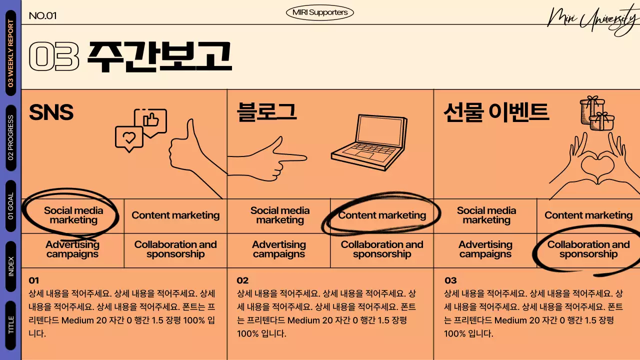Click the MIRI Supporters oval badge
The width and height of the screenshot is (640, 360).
(x=320, y=12)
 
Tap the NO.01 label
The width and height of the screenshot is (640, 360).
(x=42, y=15)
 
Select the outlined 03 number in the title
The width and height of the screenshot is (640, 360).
(x=54, y=56)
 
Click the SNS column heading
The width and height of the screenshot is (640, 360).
(x=51, y=113)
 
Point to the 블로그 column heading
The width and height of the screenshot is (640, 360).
(x=267, y=112)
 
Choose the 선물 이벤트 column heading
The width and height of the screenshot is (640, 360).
(x=496, y=112)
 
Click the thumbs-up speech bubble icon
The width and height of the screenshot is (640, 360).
(x=151, y=120)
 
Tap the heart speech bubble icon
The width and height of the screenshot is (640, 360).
(x=129, y=138)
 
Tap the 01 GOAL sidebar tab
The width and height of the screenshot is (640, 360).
(x=10, y=206)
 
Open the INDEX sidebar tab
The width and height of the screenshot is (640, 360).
(x=10, y=266)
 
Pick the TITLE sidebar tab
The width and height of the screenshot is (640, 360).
(x=10, y=325)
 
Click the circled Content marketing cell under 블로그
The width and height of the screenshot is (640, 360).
(x=382, y=215)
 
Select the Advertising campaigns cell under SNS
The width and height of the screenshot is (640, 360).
(x=72, y=249)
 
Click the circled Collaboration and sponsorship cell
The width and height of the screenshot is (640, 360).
(x=588, y=249)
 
